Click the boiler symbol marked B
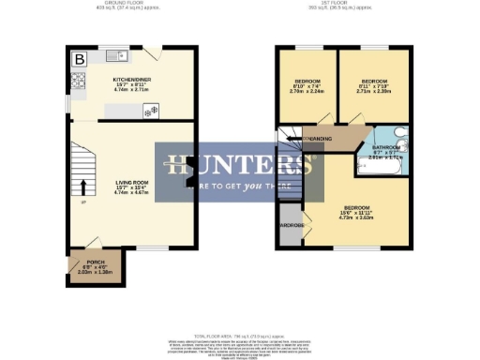tap(79, 59)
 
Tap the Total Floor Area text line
tap(240, 335)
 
